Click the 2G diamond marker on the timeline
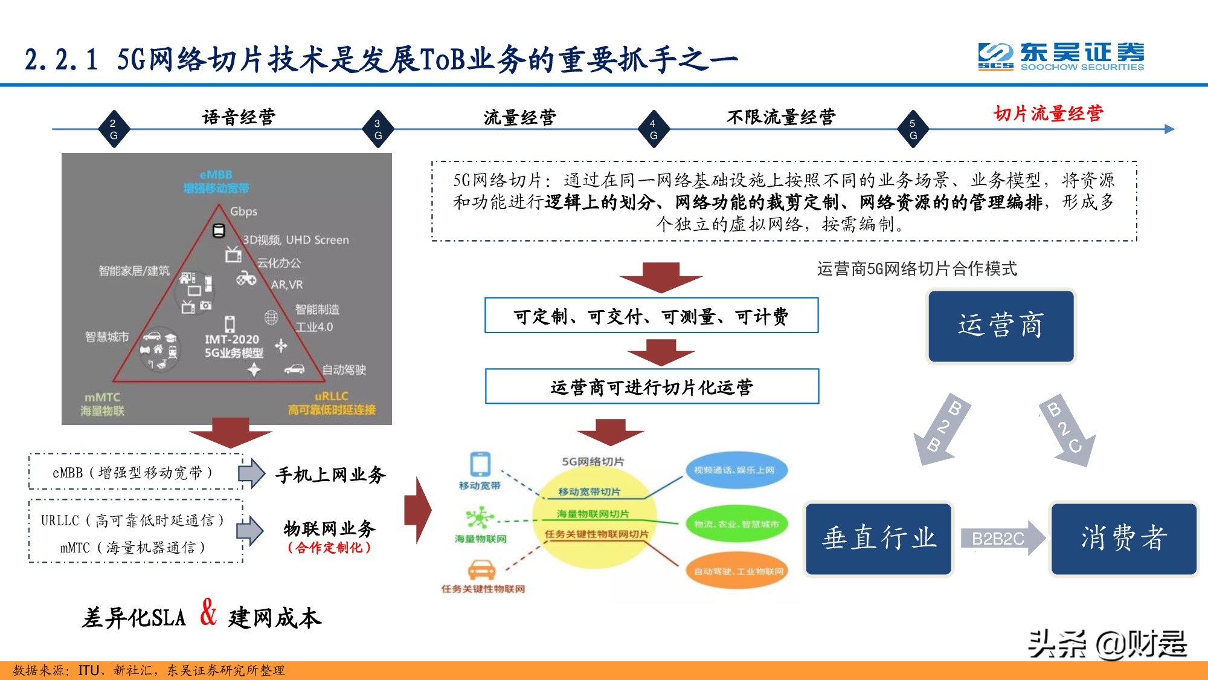coord(114,129)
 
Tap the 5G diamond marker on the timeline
coord(913,129)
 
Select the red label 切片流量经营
coord(1048,113)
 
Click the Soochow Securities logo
coord(1061,56)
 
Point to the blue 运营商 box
coord(1001,326)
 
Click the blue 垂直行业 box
coord(879,538)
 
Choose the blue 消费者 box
coord(1123,538)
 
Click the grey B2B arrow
coord(941,430)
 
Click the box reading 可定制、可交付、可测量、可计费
coord(651,316)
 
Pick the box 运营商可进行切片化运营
coord(652,387)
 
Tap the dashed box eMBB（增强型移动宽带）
coord(135,472)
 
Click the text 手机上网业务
coord(330,474)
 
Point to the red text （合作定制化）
coord(329,548)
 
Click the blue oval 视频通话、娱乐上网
coord(736,470)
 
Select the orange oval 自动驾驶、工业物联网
coord(737,571)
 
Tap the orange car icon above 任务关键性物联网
coord(481,570)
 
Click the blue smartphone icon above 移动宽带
coord(480,464)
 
